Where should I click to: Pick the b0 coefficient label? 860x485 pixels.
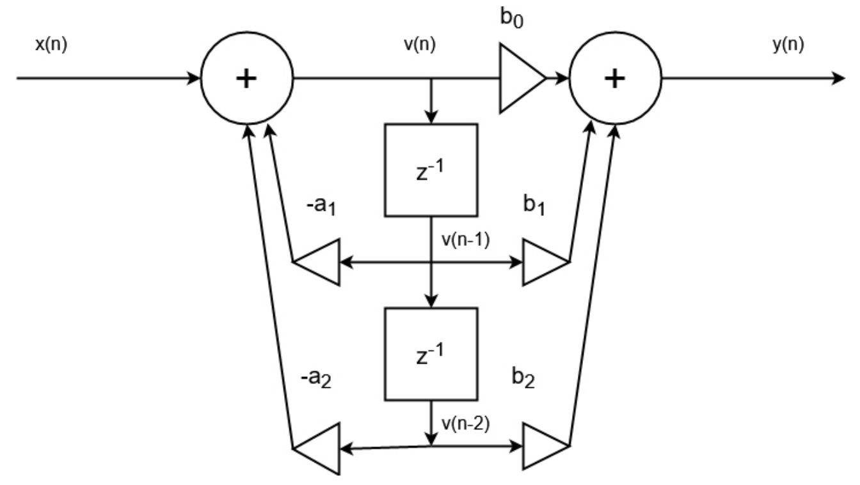point(514,16)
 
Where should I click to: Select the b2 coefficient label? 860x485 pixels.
point(523,381)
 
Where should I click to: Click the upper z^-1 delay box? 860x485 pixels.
point(431,169)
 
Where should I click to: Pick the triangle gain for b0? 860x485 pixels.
point(520,79)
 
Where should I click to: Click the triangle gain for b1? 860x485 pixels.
point(543,261)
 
